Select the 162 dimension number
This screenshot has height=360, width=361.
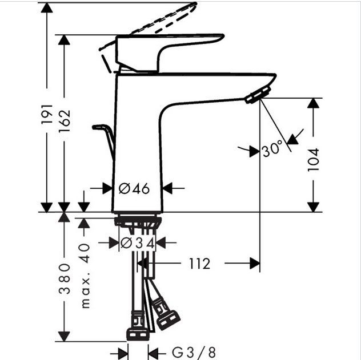tap(65, 121)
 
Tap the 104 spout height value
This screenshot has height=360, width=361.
tap(313, 160)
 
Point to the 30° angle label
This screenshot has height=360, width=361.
tap(272, 150)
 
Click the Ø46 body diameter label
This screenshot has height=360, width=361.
tap(134, 188)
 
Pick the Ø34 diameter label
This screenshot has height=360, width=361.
tap(137, 243)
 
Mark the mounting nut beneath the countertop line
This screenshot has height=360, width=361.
tap(138, 221)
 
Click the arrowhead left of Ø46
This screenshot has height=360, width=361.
tap(106, 188)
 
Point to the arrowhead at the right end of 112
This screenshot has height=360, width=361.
tap(255, 264)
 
